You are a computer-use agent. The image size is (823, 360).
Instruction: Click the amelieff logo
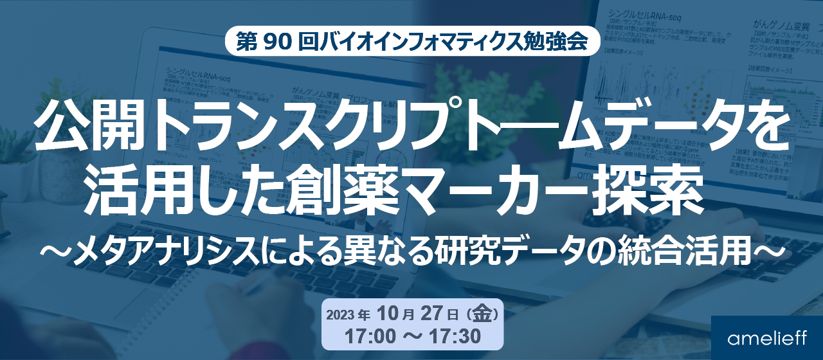(767, 338)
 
